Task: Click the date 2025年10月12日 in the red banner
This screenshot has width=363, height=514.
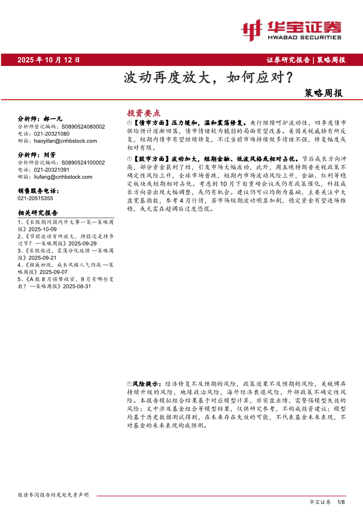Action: (49, 60)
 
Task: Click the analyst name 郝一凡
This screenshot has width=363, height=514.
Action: (53, 119)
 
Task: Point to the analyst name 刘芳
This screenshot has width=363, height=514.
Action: (50, 155)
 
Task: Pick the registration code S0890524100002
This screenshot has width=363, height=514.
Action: (83, 162)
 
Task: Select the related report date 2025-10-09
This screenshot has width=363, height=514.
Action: (43, 230)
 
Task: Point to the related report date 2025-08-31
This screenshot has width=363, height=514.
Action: (77, 286)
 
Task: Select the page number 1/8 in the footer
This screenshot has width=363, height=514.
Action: (341, 502)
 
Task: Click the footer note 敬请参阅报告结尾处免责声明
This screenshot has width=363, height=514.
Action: (53, 495)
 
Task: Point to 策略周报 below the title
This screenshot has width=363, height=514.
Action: (323, 93)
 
